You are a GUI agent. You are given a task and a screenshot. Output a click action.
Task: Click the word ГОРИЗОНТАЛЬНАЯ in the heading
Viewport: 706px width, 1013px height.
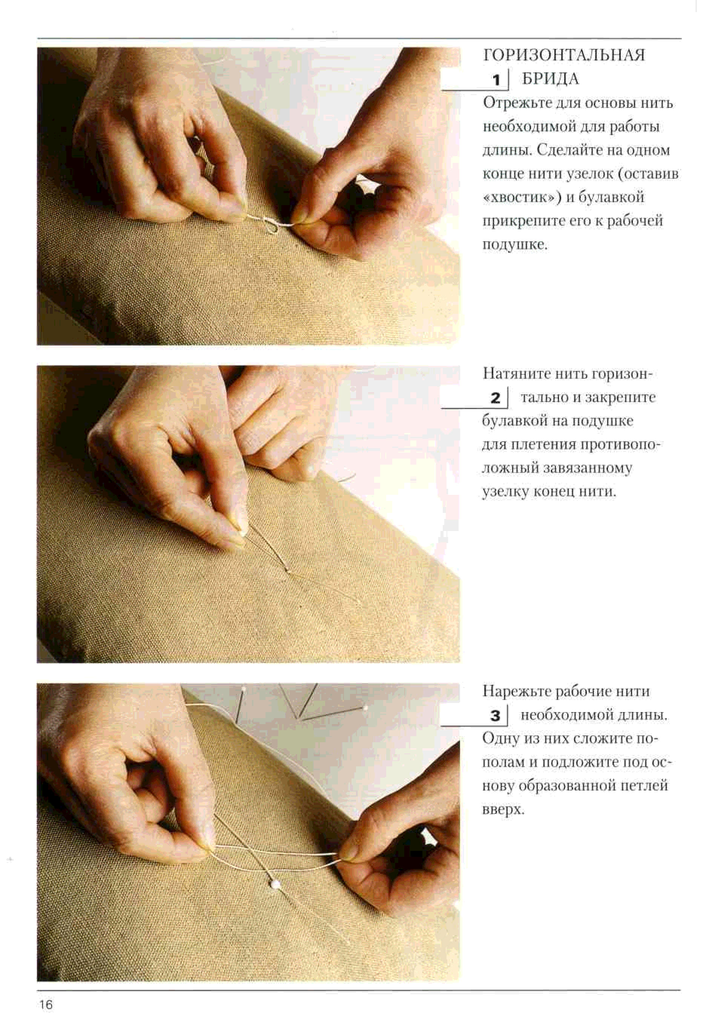pos(564,55)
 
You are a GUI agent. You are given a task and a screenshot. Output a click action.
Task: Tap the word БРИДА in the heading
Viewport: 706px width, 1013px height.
pos(550,79)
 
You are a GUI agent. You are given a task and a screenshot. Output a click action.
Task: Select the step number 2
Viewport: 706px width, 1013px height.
pos(496,398)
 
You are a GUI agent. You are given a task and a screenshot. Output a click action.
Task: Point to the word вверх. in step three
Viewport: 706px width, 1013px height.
pos(503,810)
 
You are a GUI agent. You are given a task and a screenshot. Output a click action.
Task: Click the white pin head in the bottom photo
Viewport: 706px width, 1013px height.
pos(275,884)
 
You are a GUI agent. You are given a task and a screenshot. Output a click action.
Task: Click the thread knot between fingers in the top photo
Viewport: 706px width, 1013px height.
pos(267,221)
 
